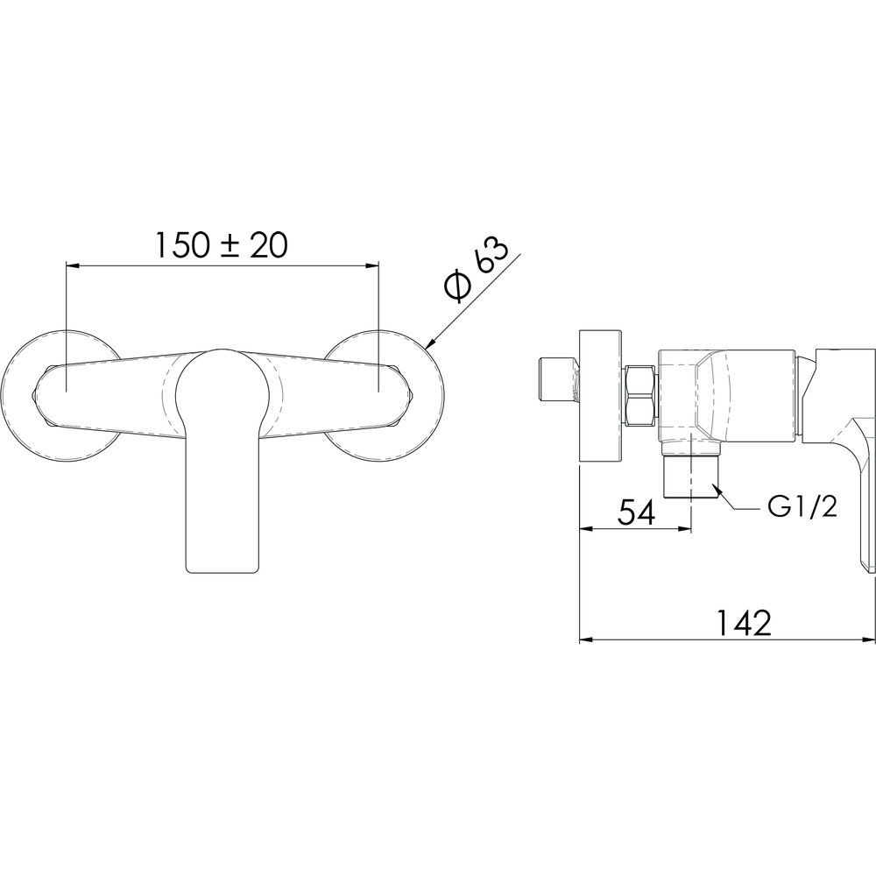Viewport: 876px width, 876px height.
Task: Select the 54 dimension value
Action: coord(636,513)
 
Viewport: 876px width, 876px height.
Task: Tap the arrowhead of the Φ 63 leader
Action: coord(433,344)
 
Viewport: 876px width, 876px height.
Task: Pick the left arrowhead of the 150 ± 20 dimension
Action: coord(73,266)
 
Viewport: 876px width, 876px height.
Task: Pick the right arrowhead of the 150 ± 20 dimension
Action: coord(372,266)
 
